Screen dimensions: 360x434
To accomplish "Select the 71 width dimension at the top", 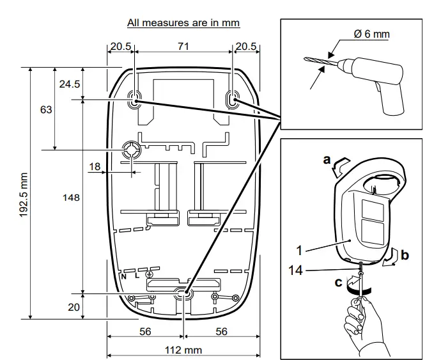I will pyautogui.click(x=184, y=47).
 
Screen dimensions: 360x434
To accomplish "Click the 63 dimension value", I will pyautogui.click(x=46, y=109).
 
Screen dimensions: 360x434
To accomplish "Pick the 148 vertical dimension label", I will pyautogui.click(x=72, y=198).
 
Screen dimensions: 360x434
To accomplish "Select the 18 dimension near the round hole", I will pyautogui.click(x=95, y=166).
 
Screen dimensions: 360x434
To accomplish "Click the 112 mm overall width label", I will pyautogui.click(x=183, y=350).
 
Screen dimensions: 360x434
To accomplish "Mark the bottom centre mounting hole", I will pyautogui.click(x=183, y=294).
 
